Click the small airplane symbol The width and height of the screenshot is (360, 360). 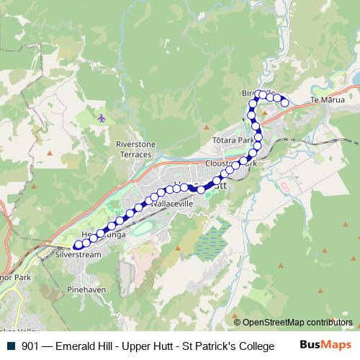102,117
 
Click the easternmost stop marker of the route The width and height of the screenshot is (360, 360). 284,103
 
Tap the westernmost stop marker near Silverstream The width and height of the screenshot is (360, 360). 78,246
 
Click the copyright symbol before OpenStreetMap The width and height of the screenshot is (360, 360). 237,323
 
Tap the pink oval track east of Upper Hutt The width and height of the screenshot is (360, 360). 284,186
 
